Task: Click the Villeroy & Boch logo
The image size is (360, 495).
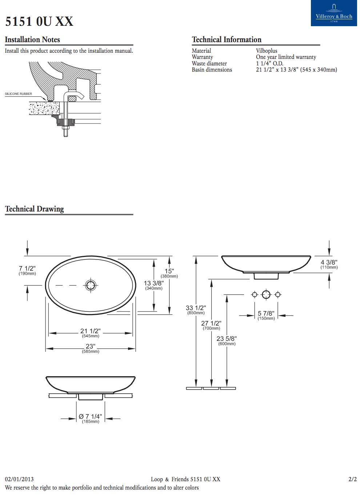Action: click(334, 13)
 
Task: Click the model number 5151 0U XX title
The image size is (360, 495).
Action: click(39, 21)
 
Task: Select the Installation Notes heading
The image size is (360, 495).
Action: click(32, 40)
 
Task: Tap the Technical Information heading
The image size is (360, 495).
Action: click(227, 40)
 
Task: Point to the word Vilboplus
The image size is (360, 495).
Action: click(267, 51)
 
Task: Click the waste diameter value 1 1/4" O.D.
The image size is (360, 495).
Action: click(269, 63)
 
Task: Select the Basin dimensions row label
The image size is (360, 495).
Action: click(212, 70)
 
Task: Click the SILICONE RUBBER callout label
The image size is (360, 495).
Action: click(19, 94)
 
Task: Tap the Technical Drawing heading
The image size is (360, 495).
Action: click(35, 209)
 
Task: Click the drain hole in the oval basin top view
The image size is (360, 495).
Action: click(91, 285)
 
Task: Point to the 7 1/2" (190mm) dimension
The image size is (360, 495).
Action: click(27, 271)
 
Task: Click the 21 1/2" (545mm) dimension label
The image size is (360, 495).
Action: click(91, 333)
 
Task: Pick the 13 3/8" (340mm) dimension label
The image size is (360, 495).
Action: click(154, 285)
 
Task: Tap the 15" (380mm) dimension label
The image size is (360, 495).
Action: click(169, 273)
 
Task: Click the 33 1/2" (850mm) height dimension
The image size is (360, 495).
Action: click(196, 310)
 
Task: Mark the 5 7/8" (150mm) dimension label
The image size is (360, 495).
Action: click(266, 315)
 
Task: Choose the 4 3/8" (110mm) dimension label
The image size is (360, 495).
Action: click(329, 264)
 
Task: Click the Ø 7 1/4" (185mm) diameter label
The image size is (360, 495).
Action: click(91, 418)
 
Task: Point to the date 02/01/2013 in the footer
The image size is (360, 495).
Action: click(19, 479)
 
